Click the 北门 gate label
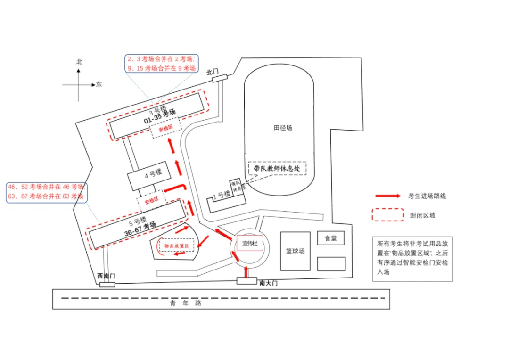(213, 72)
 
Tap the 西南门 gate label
(106, 276)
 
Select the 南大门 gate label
(269, 283)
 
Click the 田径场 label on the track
(283, 128)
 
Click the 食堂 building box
(330, 238)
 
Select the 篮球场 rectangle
(295, 251)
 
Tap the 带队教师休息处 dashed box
(277, 168)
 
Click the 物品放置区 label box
(176, 246)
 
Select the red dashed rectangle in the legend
(387, 215)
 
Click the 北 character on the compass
(79, 62)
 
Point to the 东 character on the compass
(99, 85)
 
